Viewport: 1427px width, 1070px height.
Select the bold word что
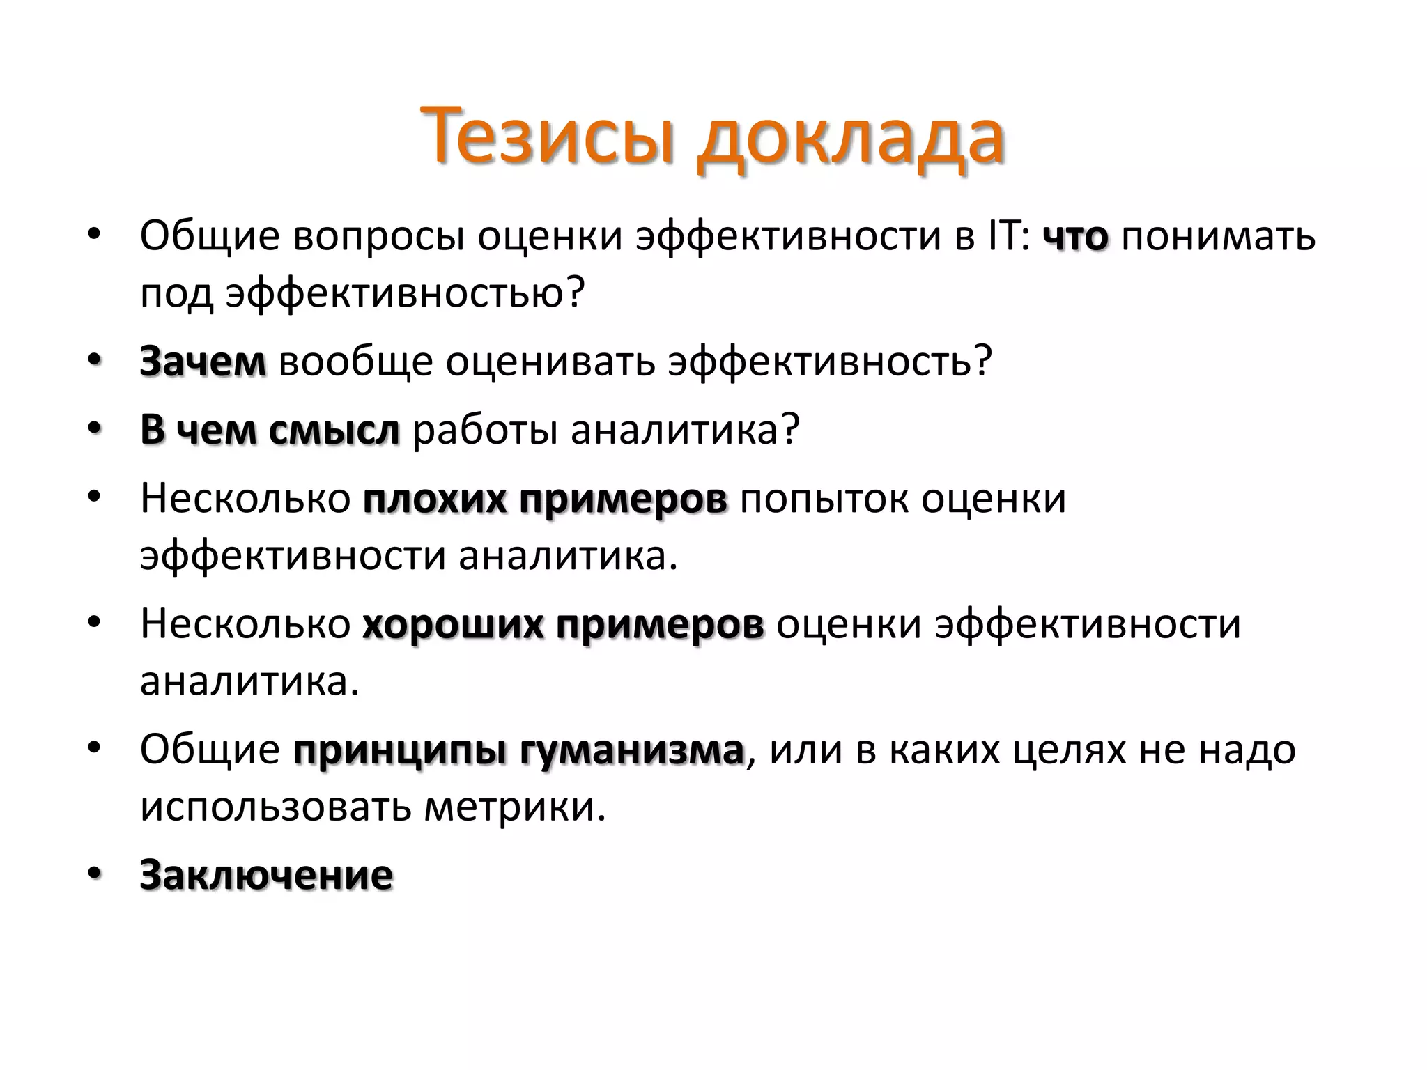coord(1075,237)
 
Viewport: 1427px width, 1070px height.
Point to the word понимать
coord(1218,237)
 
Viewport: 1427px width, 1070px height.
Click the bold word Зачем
coord(203,362)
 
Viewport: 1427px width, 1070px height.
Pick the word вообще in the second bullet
coord(356,362)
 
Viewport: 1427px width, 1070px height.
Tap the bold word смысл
coord(334,430)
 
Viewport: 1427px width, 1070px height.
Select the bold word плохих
coord(433,499)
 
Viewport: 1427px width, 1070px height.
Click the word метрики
coord(515,807)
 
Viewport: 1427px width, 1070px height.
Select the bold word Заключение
coord(266,875)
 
